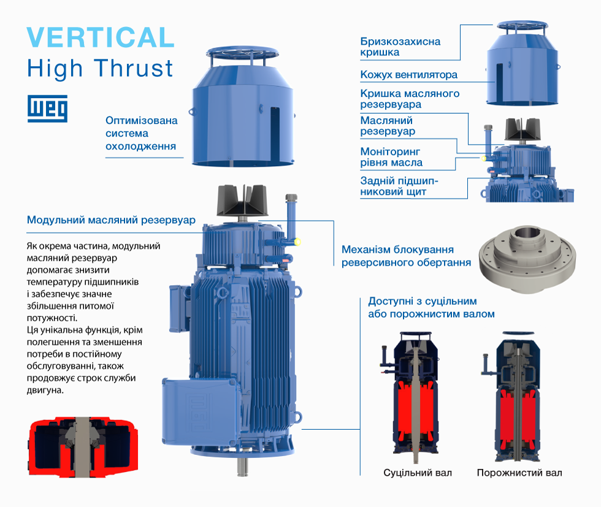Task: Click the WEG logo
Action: point(47,109)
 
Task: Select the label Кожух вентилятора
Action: point(408,75)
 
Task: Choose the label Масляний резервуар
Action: point(387,126)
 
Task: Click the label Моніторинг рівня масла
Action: point(391,157)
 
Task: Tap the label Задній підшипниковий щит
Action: point(399,186)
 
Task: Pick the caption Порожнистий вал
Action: point(519,473)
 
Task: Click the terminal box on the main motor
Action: point(199,408)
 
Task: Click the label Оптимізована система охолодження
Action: point(142,133)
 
